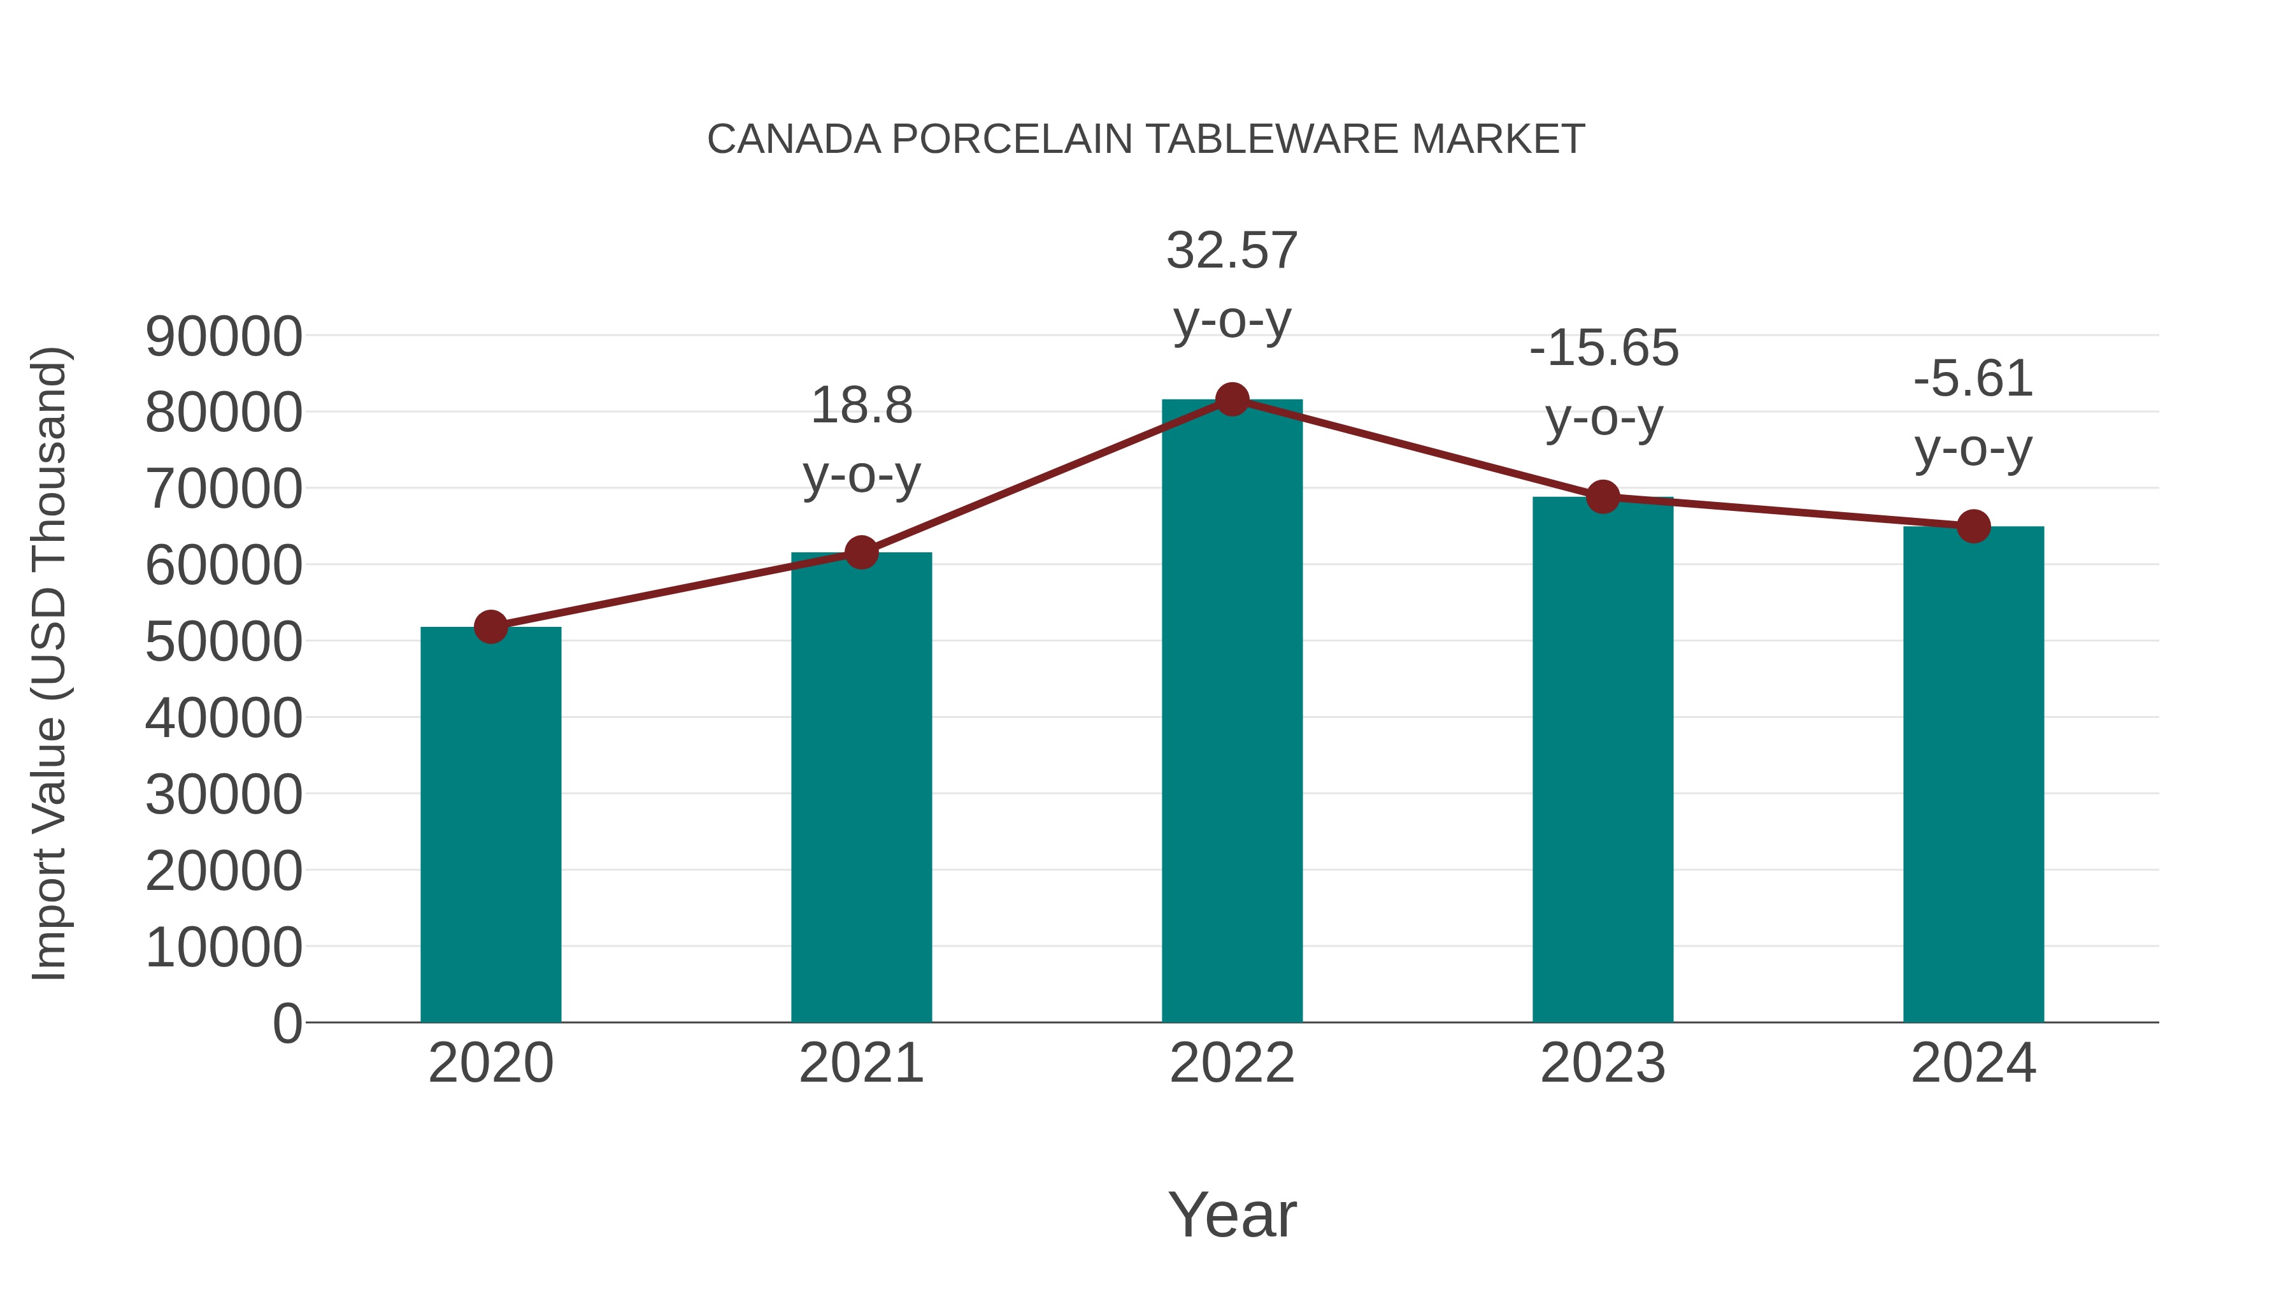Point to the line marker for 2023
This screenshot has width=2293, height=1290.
(x=1603, y=497)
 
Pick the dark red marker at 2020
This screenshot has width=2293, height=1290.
(x=490, y=627)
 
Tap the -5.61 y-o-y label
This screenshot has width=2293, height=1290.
(x=1973, y=414)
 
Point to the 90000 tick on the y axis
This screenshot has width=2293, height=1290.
(x=224, y=336)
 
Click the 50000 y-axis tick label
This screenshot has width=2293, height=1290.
(x=224, y=642)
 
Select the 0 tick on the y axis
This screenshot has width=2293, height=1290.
(x=287, y=1023)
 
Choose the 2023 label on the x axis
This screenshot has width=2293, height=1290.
(x=1603, y=1063)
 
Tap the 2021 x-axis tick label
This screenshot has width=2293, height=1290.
(x=861, y=1063)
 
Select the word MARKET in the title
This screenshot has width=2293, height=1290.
(x=1497, y=140)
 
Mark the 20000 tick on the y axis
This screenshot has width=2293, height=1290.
(x=224, y=871)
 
